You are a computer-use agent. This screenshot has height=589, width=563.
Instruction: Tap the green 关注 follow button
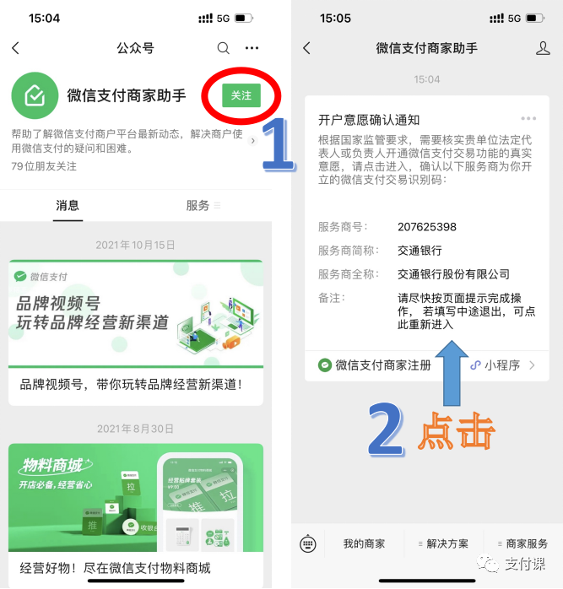tap(241, 95)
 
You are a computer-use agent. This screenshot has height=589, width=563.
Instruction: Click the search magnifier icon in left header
tap(223, 48)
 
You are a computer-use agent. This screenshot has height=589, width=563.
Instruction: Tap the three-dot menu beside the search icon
tap(252, 48)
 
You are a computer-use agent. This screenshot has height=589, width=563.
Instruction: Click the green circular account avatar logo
tap(35, 95)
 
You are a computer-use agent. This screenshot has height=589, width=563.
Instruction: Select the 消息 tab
tap(68, 205)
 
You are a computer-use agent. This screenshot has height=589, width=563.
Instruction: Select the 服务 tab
tap(199, 205)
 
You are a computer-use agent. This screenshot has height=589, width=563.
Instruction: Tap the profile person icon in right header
tap(543, 48)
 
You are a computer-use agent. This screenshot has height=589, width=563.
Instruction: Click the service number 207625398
tap(427, 227)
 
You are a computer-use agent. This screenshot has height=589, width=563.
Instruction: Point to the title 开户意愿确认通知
tap(369, 120)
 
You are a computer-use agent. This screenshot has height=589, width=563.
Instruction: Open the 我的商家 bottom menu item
tap(364, 543)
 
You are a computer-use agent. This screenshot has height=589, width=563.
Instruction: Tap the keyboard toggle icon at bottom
tap(308, 544)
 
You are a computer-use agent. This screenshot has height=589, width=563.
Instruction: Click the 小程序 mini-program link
tap(501, 365)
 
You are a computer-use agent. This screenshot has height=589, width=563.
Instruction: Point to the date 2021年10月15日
tap(136, 246)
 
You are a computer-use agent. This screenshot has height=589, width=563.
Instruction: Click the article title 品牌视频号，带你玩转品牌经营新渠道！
tap(131, 385)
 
